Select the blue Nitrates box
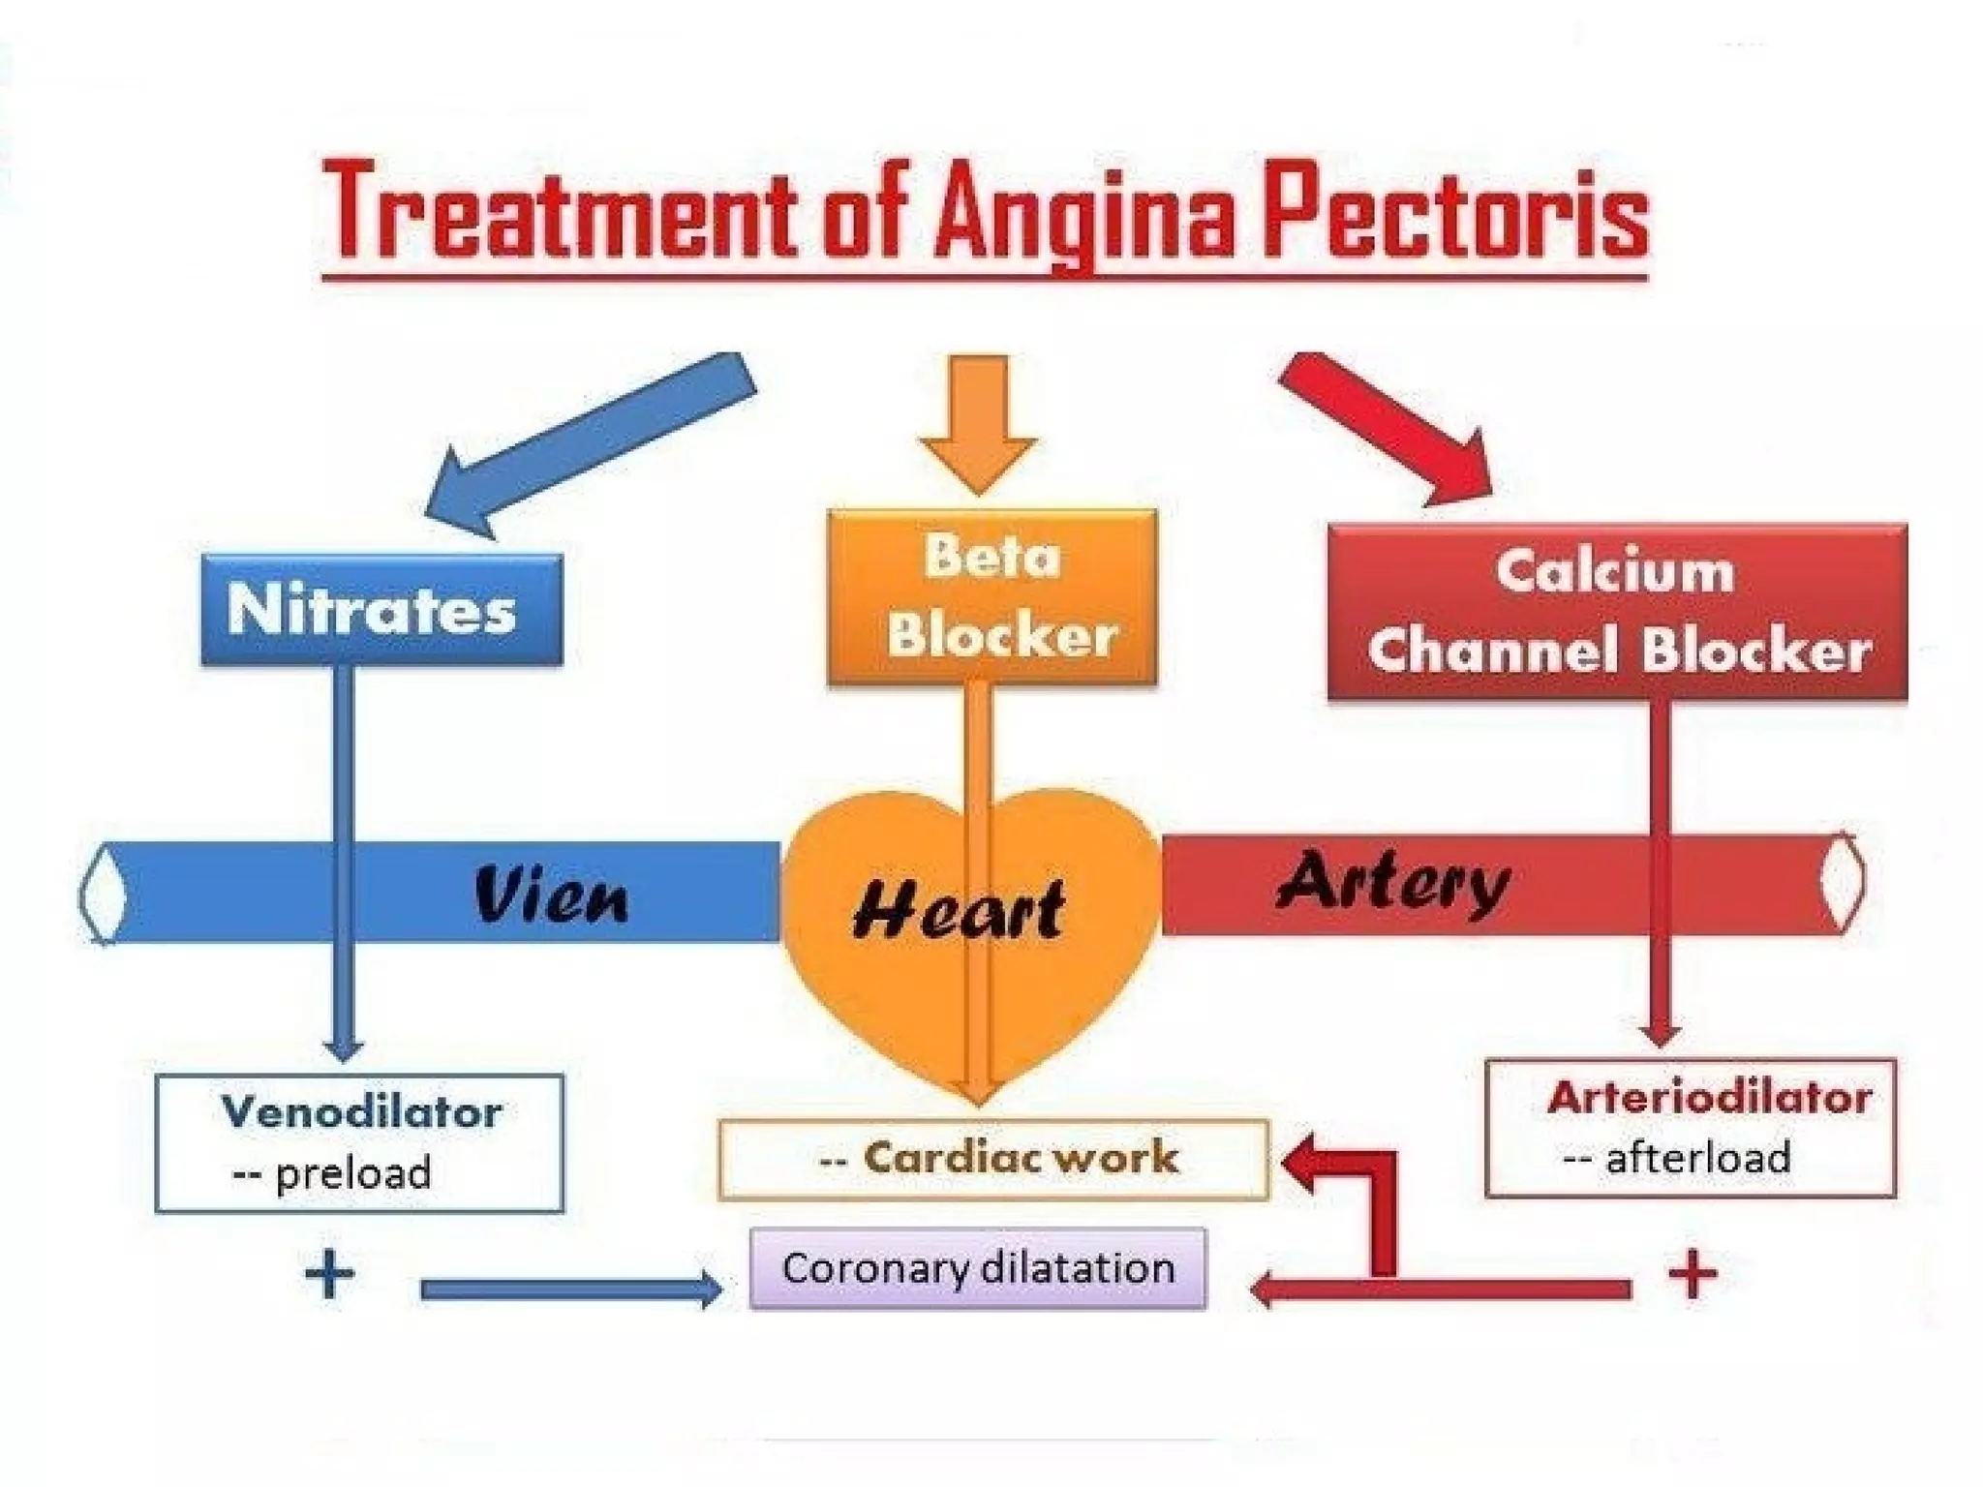[x=381, y=610]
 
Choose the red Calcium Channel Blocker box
[x=1617, y=612]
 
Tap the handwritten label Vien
[x=552, y=895]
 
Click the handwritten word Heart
[x=959, y=910]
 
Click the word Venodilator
[x=362, y=1111]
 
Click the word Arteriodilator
[x=1709, y=1097]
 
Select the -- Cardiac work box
[x=993, y=1159]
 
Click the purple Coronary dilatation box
[x=978, y=1268]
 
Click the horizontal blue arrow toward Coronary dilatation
[x=571, y=1290]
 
